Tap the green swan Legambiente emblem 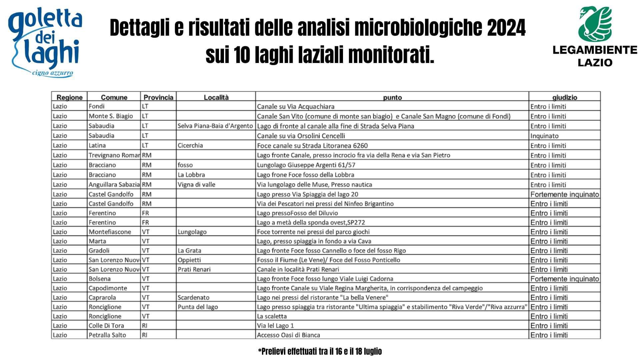point(595,24)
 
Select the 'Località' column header point(216,97)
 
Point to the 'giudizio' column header point(564,97)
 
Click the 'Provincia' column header point(158,97)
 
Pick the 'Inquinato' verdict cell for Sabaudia point(544,136)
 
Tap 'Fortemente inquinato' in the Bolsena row point(564,279)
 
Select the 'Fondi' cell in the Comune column point(97,106)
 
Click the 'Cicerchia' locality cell point(190,145)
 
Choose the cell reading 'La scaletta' point(272,316)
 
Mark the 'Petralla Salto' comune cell point(107,335)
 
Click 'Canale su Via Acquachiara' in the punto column point(296,107)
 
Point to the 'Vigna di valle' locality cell point(196,184)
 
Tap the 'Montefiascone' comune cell point(110,232)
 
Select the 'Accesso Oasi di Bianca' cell point(288,335)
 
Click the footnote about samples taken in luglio point(320,351)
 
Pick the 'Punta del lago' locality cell point(198,307)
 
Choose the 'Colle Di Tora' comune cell point(106,326)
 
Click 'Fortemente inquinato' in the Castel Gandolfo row point(564,194)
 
